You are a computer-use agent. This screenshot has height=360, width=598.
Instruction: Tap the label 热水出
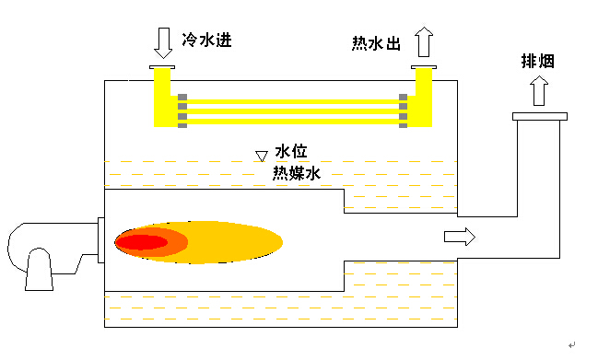[376, 43]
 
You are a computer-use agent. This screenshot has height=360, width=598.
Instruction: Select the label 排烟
[538, 63]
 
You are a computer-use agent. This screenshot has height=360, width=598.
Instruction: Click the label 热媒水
[296, 172]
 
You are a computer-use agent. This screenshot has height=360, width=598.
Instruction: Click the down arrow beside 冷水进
[163, 41]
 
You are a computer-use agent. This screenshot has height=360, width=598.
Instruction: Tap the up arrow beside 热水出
[424, 42]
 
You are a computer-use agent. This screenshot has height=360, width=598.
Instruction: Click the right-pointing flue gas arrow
[460, 237]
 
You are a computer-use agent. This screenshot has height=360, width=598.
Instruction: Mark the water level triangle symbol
[262, 156]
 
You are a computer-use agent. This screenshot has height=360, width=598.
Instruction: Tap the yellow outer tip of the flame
[258, 242]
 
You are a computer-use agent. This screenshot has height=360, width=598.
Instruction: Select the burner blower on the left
[41, 252]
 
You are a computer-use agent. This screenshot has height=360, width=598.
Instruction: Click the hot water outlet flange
[425, 67]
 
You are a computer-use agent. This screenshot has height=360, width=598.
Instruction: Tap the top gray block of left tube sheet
[182, 98]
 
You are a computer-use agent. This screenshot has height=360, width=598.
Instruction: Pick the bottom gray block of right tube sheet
[403, 125]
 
